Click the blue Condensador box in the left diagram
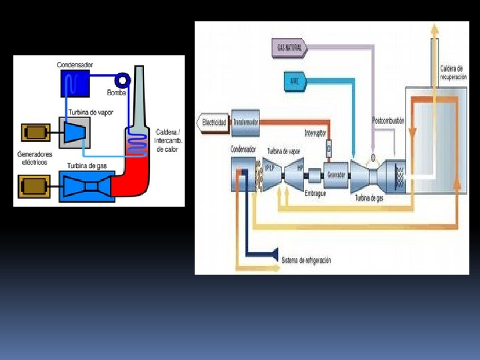pos(75,83)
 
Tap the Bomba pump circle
pos(123,79)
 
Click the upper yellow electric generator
pos(35,133)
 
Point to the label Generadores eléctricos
pos(33,158)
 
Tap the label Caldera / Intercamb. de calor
pos(169,140)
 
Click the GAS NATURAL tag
pos(290,48)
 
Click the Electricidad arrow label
pos(213,122)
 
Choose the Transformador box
pos(245,121)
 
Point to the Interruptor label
pos(316,133)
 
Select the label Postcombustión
pos(388,121)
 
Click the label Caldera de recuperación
pos(453,72)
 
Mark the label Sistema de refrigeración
pos(306,260)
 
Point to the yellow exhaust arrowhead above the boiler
pos(435,28)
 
